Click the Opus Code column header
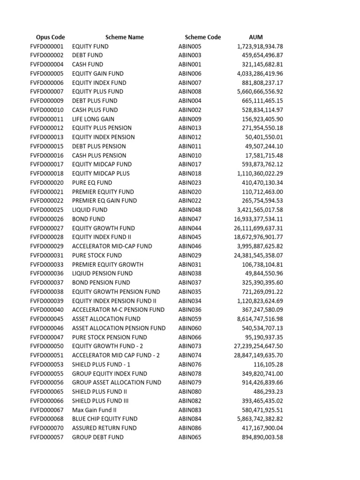coord(50,37)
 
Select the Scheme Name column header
coord(124,37)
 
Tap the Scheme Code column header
coord(202,37)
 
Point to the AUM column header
coord(256,37)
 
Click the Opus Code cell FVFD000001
coord(46,46)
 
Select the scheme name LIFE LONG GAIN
coord(93,119)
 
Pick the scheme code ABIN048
coord(190,210)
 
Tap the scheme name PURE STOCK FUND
coord(97,255)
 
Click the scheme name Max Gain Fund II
coord(94,410)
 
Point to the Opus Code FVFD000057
coord(46,437)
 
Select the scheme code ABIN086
coord(190,428)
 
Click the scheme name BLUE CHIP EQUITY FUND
coord(105,419)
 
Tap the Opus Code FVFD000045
coord(46,319)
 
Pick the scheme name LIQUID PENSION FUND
coord(102,273)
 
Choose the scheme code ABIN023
coord(190,182)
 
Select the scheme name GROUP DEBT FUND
coord(97,437)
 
